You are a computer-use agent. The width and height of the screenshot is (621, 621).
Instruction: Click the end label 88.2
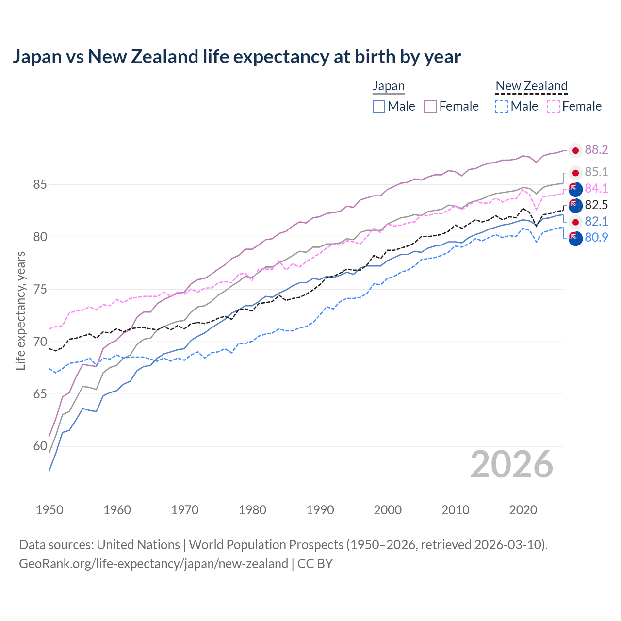pyautogui.click(x=596, y=150)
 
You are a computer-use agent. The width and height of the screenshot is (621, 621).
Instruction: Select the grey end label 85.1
pyautogui.click(x=596, y=172)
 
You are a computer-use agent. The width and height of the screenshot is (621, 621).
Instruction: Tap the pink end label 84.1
pyautogui.click(x=596, y=188)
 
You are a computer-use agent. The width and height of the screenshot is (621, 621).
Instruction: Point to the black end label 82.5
pyautogui.click(x=596, y=205)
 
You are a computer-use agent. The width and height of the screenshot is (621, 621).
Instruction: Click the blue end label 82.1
pyautogui.click(x=596, y=221)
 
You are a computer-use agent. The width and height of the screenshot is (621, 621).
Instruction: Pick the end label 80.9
pyautogui.click(x=596, y=237)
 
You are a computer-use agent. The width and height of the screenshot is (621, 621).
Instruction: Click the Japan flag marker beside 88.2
pyautogui.click(x=575, y=151)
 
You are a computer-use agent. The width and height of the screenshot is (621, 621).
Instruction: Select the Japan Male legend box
pyautogui.click(x=379, y=106)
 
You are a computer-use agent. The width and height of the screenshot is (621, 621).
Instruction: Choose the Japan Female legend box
pyautogui.click(x=430, y=106)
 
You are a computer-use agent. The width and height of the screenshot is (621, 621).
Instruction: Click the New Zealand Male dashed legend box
pyautogui.click(x=502, y=106)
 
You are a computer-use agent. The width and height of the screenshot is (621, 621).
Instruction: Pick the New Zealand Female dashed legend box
pyautogui.click(x=554, y=106)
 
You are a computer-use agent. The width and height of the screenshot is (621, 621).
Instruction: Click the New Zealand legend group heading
pyautogui.click(x=531, y=86)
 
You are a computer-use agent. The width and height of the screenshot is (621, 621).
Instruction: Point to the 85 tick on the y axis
pyautogui.click(x=40, y=185)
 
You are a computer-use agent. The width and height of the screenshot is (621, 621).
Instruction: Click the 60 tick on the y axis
pyautogui.click(x=40, y=446)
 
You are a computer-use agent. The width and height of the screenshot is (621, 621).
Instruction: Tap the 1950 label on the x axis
pyautogui.click(x=49, y=510)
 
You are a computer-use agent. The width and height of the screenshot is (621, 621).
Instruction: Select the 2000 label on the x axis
pyautogui.click(x=388, y=510)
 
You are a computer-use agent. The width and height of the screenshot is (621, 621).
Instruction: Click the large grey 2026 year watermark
pyautogui.click(x=511, y=464)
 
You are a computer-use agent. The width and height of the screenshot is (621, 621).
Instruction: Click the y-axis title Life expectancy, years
pyautogui.click(x=20, y=310)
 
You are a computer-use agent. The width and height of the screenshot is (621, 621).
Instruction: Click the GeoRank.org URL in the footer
pyautogui.click(x=153, y=564)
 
